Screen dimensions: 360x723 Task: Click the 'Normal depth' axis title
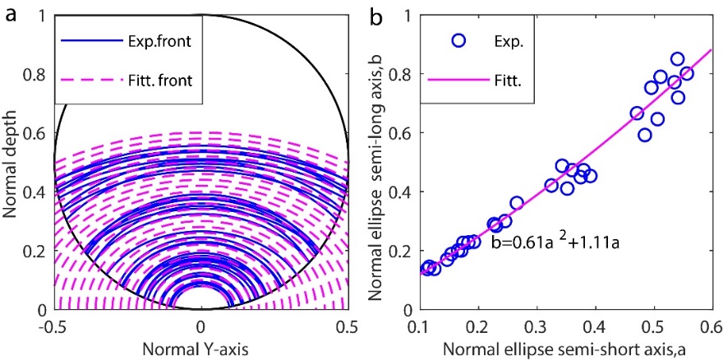[11, 163]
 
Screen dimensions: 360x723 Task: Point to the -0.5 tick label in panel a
[54, 324]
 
